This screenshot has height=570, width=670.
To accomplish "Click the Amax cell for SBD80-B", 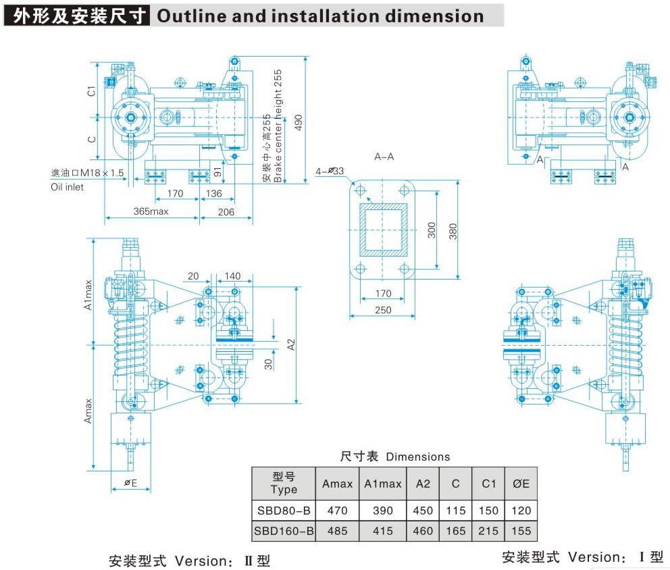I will coord(337,511).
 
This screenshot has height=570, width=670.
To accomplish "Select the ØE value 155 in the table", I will coord(521,531).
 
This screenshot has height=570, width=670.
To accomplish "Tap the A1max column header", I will coord(382,484).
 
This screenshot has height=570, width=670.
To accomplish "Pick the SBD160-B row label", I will coord(284,531).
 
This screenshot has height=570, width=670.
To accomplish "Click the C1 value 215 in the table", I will coord(488,531).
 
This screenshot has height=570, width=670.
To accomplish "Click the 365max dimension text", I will coord(150,211).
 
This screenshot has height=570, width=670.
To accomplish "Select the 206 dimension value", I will coord(226,211).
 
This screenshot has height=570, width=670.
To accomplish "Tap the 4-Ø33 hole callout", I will coord(330,172).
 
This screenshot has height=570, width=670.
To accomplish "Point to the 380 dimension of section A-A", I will coord(453,232).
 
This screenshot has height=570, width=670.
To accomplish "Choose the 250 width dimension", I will coord(383,309).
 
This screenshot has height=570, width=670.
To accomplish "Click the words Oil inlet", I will coord(68,187).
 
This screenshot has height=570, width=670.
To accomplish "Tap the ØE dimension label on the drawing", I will coord(131,483).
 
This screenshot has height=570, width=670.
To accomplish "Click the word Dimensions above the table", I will coord(417,457).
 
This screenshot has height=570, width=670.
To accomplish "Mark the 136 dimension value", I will coord(213,194).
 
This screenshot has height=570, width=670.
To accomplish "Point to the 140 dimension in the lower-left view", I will coord(233,276).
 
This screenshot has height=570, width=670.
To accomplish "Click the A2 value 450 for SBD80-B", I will coord(423,511).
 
